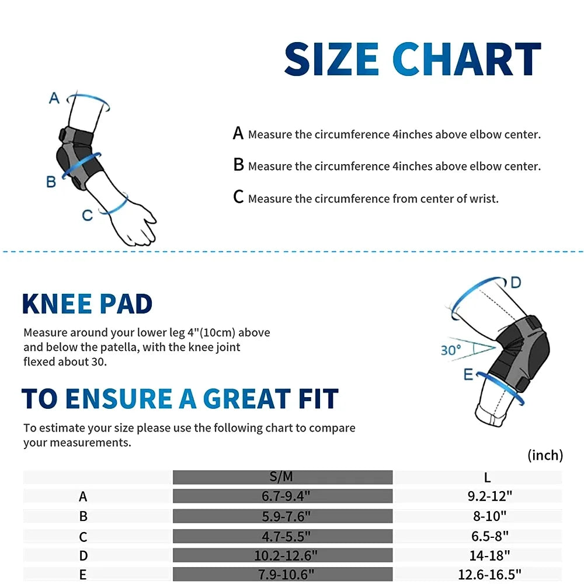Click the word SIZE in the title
[332, 59]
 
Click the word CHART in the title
[466, 59]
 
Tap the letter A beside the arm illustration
[54, 98]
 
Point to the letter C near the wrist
[87, 215]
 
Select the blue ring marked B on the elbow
[81, 165]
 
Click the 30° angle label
[451, 350]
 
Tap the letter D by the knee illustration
[516, 283]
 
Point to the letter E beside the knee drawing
[468, 374]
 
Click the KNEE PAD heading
[87, 304]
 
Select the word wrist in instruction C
[484, 199]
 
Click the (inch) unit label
[545, 455]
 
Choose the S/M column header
[281, 477]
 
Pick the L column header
[487, 478]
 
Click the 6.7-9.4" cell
[286, 496]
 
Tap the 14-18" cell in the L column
[489, 556]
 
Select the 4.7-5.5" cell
[286, 536]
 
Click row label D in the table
[84, 556]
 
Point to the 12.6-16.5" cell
[489, 575]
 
